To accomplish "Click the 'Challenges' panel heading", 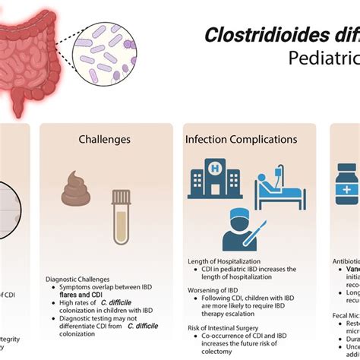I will [x=105, y=139].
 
